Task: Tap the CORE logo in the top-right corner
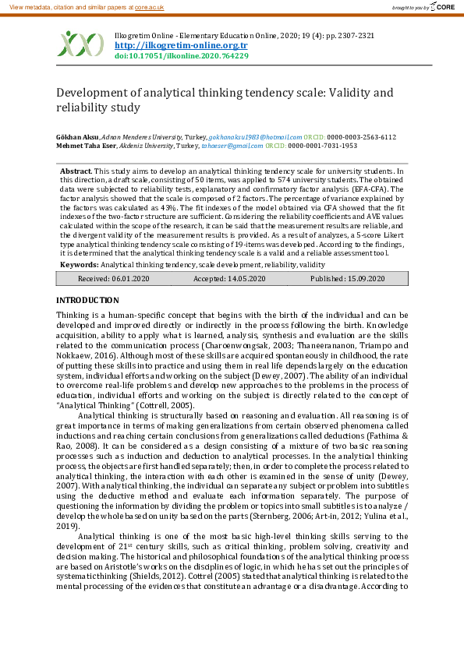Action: coord(442,7)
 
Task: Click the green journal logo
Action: coord(80,44)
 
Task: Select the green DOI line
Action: coord(182,56)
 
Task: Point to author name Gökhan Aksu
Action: coord(77,136)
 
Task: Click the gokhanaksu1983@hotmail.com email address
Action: coord(260,136)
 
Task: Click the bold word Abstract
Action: coord(75,170)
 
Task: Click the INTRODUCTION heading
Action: coord(88,300)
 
